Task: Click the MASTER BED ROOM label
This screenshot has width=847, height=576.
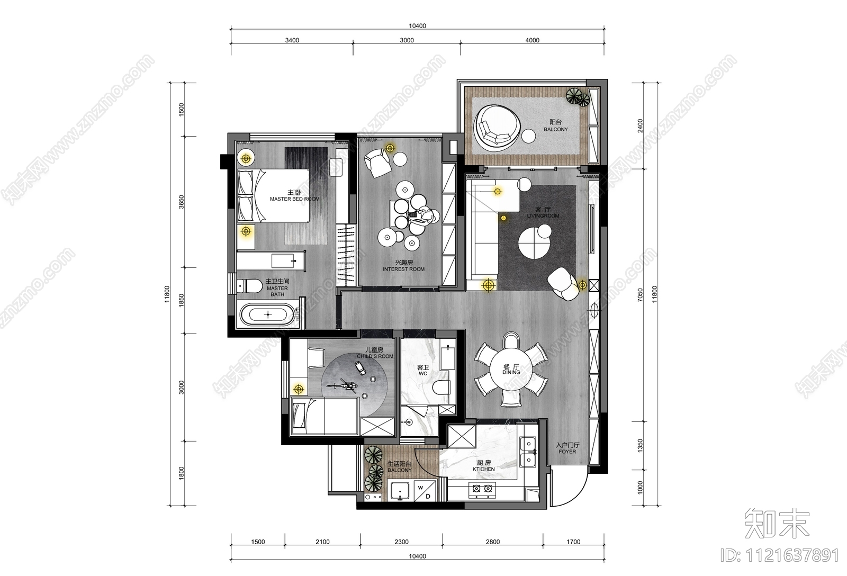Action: coord(294,199)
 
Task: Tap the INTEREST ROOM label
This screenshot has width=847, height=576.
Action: coord(403,269)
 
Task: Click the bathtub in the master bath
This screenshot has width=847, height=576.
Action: coord(268,314)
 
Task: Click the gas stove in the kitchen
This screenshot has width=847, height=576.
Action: coord(483,491)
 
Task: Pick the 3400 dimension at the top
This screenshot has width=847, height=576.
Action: coord(292,40)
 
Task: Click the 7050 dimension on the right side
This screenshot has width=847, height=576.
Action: coord(640,295)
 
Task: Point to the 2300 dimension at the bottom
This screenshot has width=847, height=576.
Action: coord(401,542)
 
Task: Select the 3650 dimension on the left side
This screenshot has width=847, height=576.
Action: coord(181,202)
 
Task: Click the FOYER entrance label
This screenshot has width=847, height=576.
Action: coord(567,452)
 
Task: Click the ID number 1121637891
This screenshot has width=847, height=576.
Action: coord(780,555)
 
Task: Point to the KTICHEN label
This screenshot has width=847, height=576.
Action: coord(484,469)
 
